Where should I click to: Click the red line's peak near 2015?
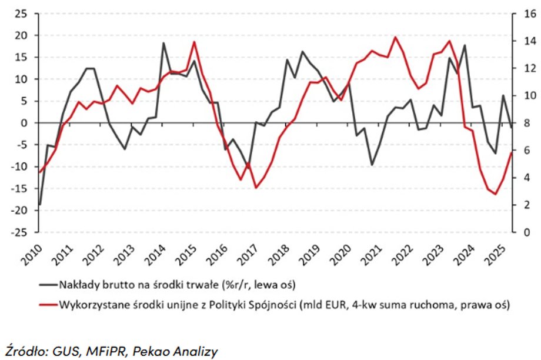[195, 41]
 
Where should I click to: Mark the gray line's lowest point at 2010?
[40, 205]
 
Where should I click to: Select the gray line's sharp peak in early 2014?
[163, 43]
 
